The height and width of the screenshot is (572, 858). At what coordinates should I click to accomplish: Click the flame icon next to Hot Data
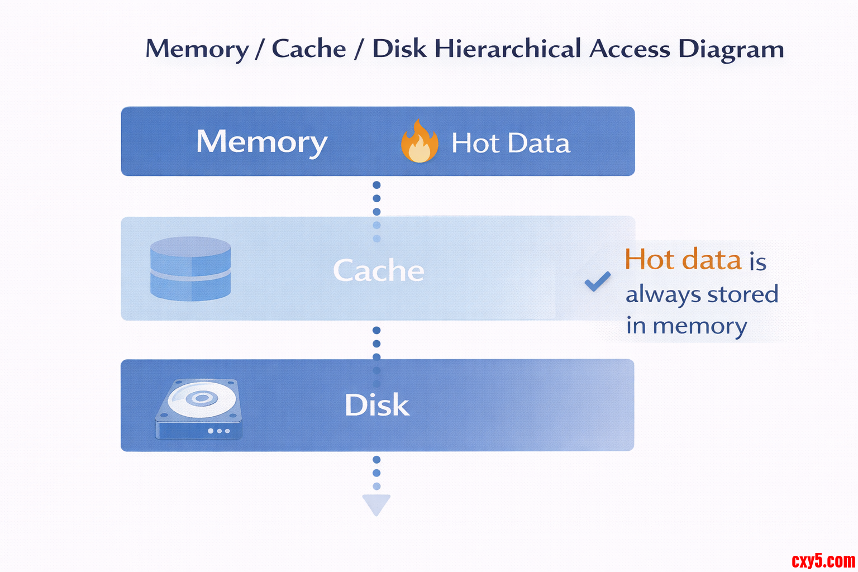click(x=420, y=142)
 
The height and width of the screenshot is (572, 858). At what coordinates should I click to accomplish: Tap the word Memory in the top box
click(x=261, y=142)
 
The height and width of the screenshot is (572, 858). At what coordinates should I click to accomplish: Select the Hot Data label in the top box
click(x=511, y=143)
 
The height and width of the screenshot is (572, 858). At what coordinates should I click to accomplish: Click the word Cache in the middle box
click(x=379, y=271)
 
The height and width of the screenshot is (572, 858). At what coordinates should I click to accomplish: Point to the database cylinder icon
click(x=190, y=269)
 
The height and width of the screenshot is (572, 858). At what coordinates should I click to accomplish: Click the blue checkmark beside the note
click(x=597, y=281)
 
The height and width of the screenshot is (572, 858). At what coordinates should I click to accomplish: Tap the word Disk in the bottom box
click(x=377, y=405)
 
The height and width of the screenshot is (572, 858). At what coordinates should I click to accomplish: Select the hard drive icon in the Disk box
click(x=199, y=409)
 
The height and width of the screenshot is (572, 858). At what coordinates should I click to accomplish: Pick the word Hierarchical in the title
click(x=508, y=49)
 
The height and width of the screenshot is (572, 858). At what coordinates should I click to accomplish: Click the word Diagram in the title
click(x=731, y=50)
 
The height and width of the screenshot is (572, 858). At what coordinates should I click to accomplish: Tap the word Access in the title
click(x=630, y=49)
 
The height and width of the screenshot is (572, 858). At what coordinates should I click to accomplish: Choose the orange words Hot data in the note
click(x=683, y=260)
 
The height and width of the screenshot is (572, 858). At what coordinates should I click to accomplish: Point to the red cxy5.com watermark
click(x=823, y=560)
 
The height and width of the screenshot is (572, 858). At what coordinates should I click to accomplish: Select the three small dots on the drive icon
click(x=219, y=431)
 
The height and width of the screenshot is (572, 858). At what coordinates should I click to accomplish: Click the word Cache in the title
click(x=309, y=49)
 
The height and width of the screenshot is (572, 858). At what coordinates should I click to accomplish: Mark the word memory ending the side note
click(x=700, y=326)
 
